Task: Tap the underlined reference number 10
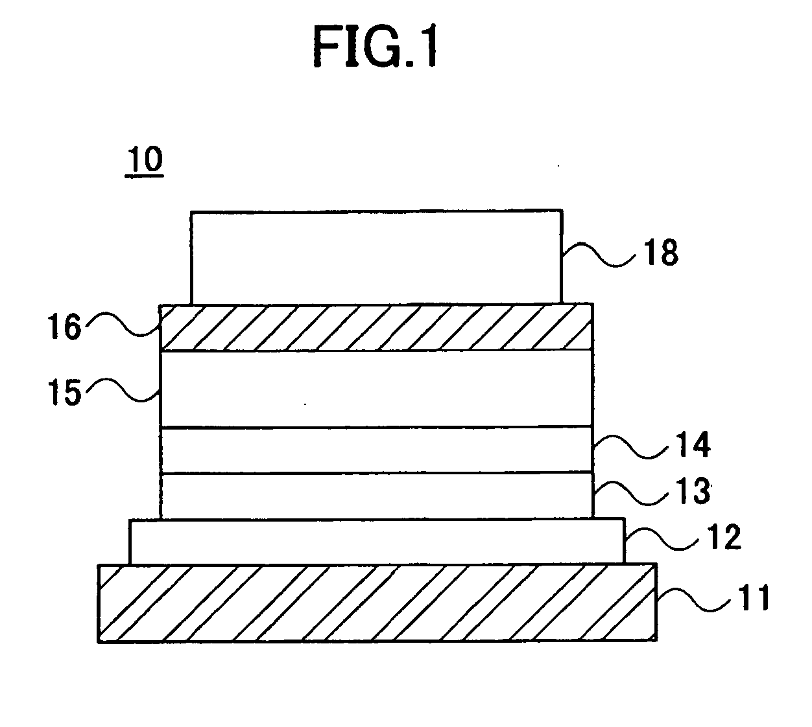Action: point(145,160)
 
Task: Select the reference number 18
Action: point(660,253)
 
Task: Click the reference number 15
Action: point(67,392)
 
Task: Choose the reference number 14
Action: point(691,446)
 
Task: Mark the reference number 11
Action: point(752,597)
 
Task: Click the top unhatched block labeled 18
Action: point(376,257)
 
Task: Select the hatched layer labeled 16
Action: point(376,327)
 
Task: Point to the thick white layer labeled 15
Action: point(376,388)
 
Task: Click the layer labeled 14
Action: point(376,450)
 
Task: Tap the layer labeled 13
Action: point(376,496)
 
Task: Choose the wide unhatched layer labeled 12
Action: point(376,541)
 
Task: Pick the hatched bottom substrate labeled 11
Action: point(376,603)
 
